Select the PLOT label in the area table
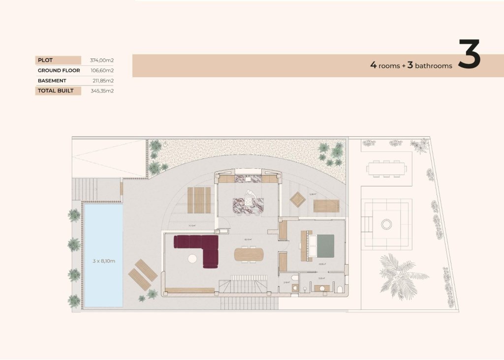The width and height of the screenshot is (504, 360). coord(45,60)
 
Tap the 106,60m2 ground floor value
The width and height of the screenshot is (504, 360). coord(102,70)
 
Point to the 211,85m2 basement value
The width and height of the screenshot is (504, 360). coord(103,81)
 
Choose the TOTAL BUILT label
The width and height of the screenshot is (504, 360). coord(56,91)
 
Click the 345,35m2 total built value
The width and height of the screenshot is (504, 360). coord(102,91)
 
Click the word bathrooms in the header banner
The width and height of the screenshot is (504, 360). coord(433,66)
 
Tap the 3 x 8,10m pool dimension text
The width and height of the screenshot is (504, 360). coord(103,261)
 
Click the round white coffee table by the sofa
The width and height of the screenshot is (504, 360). coord(191,258)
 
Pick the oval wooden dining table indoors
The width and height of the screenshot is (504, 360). coord(249,254)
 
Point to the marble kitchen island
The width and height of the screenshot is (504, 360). coord(248,203)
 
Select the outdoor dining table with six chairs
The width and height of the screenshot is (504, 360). coord(386,169)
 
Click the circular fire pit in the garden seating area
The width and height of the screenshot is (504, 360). coord(387,224)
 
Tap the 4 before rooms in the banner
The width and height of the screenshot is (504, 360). coord(374,65)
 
